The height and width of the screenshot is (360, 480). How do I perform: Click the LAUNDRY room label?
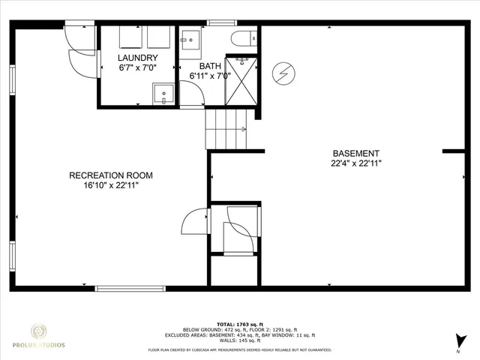pos(137,58)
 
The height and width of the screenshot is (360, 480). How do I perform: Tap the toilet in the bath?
pos(244,39)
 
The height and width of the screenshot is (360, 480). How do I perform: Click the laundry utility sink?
pos(163,94)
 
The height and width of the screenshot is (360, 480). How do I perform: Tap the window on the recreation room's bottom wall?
pos(130,288)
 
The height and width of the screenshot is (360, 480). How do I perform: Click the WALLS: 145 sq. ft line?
pos(240,341)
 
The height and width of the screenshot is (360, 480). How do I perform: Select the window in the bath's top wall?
pos(217,22)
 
